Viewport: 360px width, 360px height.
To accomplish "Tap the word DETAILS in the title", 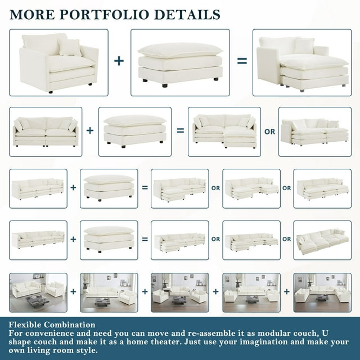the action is (187, 15).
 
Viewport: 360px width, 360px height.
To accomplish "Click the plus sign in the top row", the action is (119, 61).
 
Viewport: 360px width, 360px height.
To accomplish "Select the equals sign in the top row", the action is (242, 61).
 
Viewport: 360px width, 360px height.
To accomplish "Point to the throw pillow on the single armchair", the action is (69, 47).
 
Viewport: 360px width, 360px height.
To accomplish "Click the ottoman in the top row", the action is (180, 64).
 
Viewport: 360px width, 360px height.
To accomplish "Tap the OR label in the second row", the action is (269, 132).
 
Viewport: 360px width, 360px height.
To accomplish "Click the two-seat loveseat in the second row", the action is (46, 132).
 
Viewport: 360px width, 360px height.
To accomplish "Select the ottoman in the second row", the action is (135, 131).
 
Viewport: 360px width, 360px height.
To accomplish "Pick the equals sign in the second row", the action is (180, 130).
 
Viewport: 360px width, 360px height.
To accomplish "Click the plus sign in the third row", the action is (73, 187).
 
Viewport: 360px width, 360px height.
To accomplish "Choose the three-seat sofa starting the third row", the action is (38, 189).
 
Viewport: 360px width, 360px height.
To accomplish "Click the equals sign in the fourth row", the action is (145, 239).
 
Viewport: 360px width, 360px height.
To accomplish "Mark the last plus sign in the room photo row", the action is (287, 291).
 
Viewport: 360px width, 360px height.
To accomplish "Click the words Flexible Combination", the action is (52, 325).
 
